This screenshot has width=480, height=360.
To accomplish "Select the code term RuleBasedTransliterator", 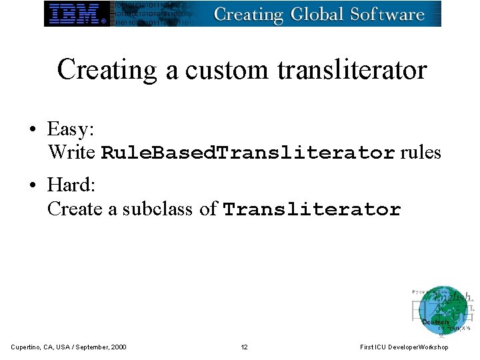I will pos(248,153).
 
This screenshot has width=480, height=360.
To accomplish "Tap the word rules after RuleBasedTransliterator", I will pos(421,153).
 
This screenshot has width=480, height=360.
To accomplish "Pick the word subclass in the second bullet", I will pos(159,209).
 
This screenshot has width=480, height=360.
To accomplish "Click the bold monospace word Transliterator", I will pos(312,209).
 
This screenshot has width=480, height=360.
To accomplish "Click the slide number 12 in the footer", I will pos(245,347).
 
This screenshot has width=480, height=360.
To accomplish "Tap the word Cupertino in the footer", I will pos(25,347).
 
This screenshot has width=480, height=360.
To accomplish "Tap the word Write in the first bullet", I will pos(71,153).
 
